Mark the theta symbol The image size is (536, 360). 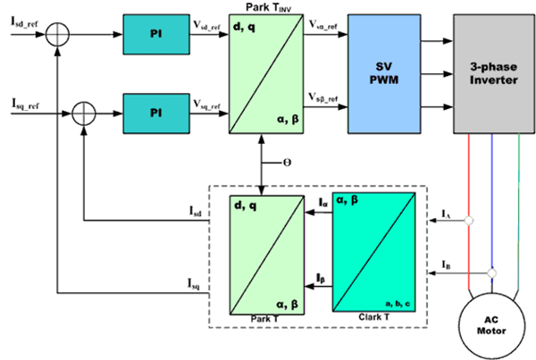click(x=287, y=165)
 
